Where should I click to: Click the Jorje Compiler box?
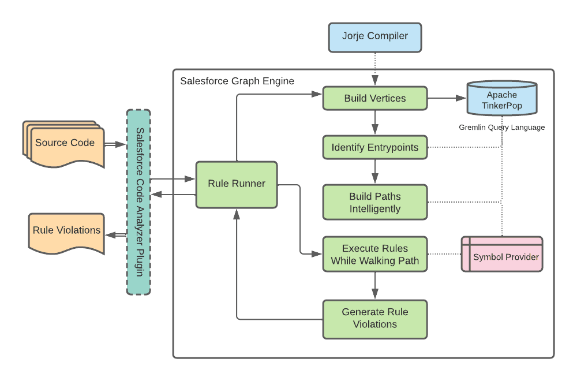375,36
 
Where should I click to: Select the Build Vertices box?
375,98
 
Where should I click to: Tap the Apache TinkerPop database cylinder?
501,99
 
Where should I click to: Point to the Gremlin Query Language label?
501,127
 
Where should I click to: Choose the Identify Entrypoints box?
375,147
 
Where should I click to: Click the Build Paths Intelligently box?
375,202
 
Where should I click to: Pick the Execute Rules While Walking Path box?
375,254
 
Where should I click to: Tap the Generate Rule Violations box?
375,318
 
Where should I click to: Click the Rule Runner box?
237,184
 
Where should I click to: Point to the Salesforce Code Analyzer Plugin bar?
138,202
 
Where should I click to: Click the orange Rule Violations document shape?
66,231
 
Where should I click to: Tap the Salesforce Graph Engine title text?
237,81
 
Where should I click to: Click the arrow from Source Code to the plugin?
115,144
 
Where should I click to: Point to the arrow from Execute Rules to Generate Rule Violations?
375,286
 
